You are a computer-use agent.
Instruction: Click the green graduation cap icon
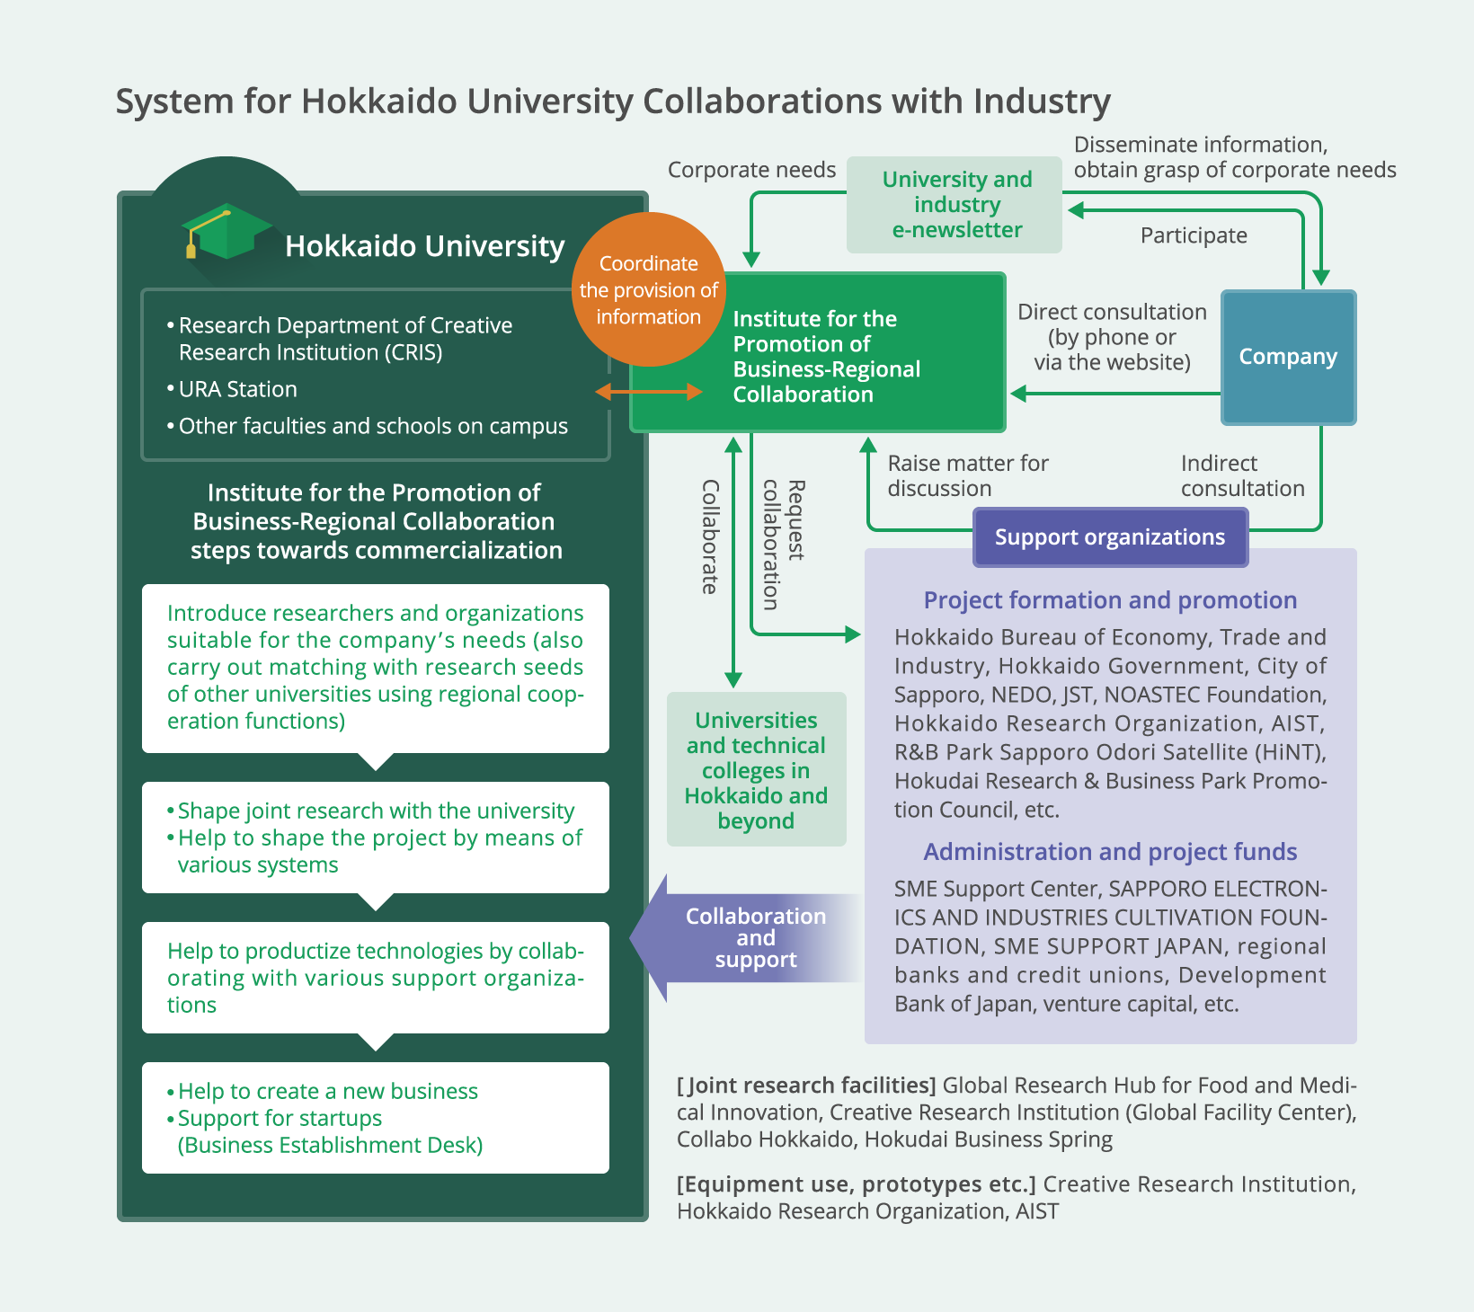pos(226,231)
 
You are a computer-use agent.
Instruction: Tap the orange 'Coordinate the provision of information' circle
pos(649,289)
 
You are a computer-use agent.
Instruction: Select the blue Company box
pos(1288,357)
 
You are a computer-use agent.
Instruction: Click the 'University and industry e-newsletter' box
pos(955,205)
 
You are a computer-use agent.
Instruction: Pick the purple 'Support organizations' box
pos(1110,537)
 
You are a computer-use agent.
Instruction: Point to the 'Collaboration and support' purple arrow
pos(746,938)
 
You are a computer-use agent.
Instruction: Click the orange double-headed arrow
pos(649,392)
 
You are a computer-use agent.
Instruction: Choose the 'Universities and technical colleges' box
pos(757,769)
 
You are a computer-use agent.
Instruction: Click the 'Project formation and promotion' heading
pos(1110,600)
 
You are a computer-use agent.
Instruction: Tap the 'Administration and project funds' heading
pos(1110,852)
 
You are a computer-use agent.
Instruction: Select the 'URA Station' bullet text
pos(232,389)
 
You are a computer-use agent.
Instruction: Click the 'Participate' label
pos(1194,235)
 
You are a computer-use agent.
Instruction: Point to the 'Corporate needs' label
pos(751,170)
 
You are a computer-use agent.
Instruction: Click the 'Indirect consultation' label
pos(1243,475)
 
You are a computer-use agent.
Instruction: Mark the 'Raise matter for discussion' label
pos(968,475)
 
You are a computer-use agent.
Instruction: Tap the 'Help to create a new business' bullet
pos(323,1091)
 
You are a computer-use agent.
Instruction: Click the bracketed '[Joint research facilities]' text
pos(806,1086)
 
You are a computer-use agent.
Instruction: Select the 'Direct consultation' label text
pos(1112,312)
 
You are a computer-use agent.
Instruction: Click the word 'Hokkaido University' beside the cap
pos(425,246)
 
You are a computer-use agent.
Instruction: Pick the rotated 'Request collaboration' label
pos(784,545)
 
